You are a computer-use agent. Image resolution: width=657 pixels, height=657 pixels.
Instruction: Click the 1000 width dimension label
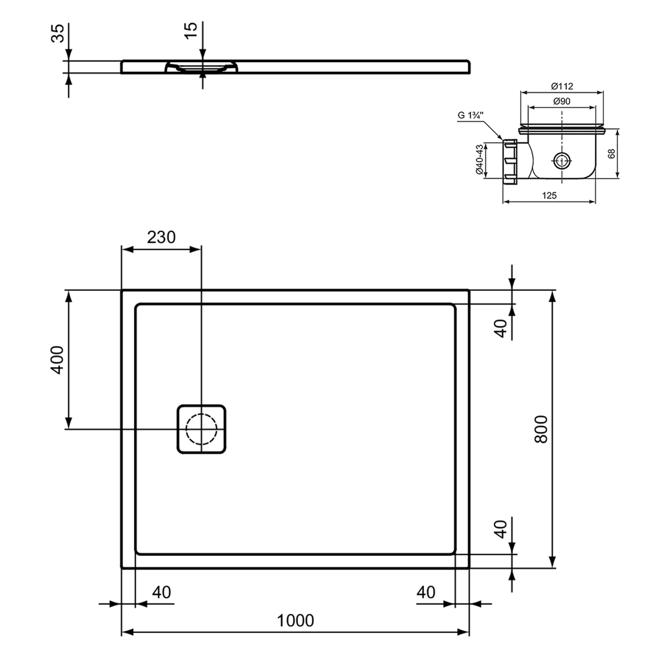(x=295, y=620)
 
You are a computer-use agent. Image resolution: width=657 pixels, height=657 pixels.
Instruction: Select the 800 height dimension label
(x=541, y=429)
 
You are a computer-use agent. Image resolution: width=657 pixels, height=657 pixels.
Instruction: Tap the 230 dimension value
(x=161, y=237)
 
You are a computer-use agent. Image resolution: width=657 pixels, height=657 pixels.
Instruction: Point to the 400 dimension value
(x=57, y=360)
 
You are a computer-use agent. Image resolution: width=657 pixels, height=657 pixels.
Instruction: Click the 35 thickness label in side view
(x=58, y=33)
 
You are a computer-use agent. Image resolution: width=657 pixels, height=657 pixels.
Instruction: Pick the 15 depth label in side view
(x=191, y=30)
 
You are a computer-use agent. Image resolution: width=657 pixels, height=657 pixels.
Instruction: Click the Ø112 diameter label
(x=562, y=86)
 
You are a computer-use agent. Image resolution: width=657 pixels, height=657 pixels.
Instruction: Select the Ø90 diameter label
(x=562, y=101)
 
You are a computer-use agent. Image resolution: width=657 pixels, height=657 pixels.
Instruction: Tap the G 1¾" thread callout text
(x=470, y=116)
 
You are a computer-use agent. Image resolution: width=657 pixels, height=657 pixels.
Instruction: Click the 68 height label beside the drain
(x=611, y=153)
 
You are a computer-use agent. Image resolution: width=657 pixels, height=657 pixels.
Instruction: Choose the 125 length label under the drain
(x=549, y=195)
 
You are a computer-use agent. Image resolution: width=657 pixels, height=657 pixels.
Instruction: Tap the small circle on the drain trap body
(x=561, y=161)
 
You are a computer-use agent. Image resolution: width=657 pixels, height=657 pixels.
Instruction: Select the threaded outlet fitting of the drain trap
(x=510, y=161)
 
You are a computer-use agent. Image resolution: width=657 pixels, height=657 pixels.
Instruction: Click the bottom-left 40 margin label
(x=161, y=592)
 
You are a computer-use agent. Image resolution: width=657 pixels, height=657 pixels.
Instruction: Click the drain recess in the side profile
(x=201, y=67)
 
